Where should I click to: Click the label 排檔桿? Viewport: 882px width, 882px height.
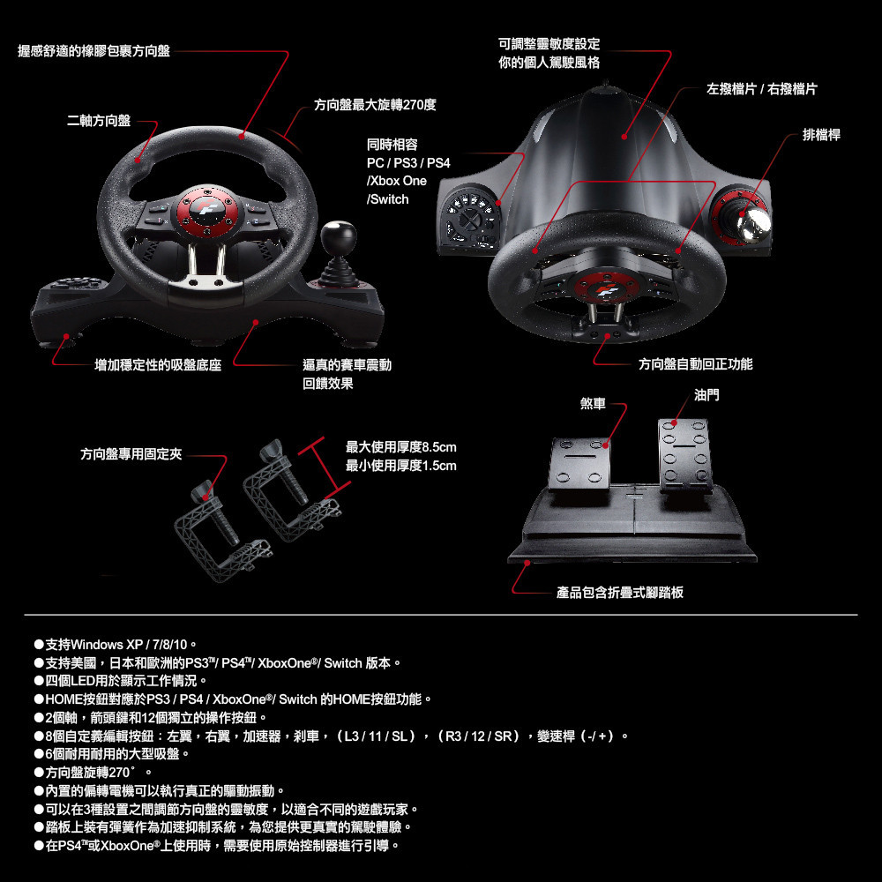pos(821,135)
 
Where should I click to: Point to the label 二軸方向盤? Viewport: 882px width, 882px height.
pos(99,121)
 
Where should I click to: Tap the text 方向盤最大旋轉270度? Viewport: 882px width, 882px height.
pos(375,105)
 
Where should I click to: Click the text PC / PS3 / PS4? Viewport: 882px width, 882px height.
pos(408,163)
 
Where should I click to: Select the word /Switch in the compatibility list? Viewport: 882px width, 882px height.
pos(387,199)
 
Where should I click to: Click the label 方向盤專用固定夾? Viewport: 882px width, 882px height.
pos(131,454)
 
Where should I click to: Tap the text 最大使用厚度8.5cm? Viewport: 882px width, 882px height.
pos(401,447)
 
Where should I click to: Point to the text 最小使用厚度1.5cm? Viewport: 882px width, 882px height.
pos(401,466)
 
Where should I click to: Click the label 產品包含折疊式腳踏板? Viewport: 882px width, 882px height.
pos(620,593)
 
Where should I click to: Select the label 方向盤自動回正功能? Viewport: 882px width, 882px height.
pos(695,364)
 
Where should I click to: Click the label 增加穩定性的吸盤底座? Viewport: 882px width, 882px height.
pos(158,366)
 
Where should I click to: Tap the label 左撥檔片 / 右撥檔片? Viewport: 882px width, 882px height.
pos(762,89)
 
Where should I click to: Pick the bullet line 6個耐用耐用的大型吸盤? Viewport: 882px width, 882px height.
pos(111,754)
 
